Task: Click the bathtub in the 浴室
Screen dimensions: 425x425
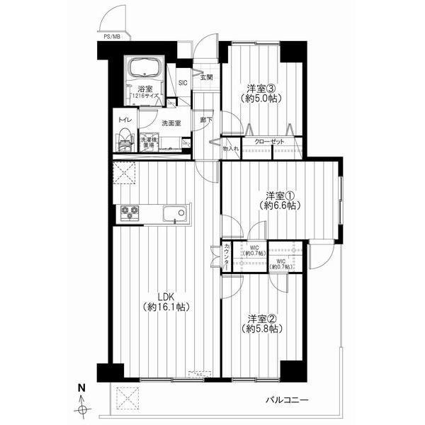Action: (146, 69)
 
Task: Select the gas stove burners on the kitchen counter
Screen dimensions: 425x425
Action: (130, 212)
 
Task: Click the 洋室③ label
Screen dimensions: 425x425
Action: (260, 88)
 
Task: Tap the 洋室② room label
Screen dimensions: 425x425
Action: (260, 318)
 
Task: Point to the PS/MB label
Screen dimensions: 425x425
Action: (112, 36)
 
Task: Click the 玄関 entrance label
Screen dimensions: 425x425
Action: (205, 77)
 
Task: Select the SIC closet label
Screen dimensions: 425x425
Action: (183, 83)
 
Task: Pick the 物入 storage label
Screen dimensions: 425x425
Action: (230, 149)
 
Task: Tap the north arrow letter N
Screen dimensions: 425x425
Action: (82, 388)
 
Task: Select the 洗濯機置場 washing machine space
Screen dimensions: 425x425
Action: (149, 141)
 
